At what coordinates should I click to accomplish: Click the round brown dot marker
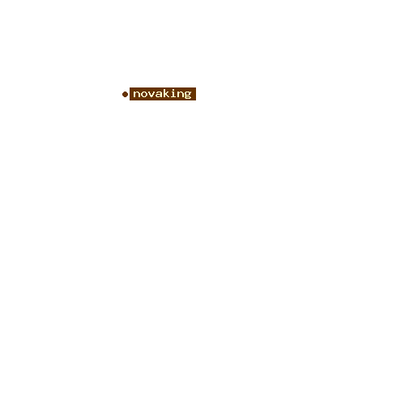pyautogui.click(x=125, y=94)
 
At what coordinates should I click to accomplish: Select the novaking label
pyautogui.click(x=163, y=94)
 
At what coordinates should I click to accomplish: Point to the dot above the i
pyautogui.click(x=173, y=89)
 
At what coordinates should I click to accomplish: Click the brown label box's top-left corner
pyautogui.click(x=130, y=87)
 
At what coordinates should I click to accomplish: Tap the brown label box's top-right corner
pyautogui.click(x=196, y=87)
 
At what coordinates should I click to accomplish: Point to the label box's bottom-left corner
pyautogui.click(x=130, y=100)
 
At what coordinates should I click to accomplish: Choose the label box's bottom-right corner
pyautogui.click(x=196, y=100)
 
